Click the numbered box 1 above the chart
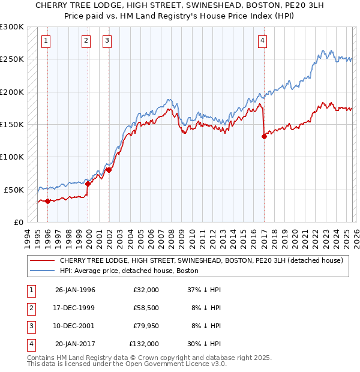pyautogui.click(x=47, y=41)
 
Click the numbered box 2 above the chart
pyautogui.click(x=86, y=41)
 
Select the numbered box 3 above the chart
pyautogui.click(x=107, y=41)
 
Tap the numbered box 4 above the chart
pyautogui.click(x=263, y=41)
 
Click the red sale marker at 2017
pyautogui.click(x=264, y=136)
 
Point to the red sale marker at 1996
pyautogui.click(x=47, y=201)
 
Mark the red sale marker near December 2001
pyautogui.click(x=109, y=170)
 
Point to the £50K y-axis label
pyautogui.click(x=14, y=190)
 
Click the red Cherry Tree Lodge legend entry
pyautogui.click(x=201, y=261)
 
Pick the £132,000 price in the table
pyautogui.click(x=144, y=344)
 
